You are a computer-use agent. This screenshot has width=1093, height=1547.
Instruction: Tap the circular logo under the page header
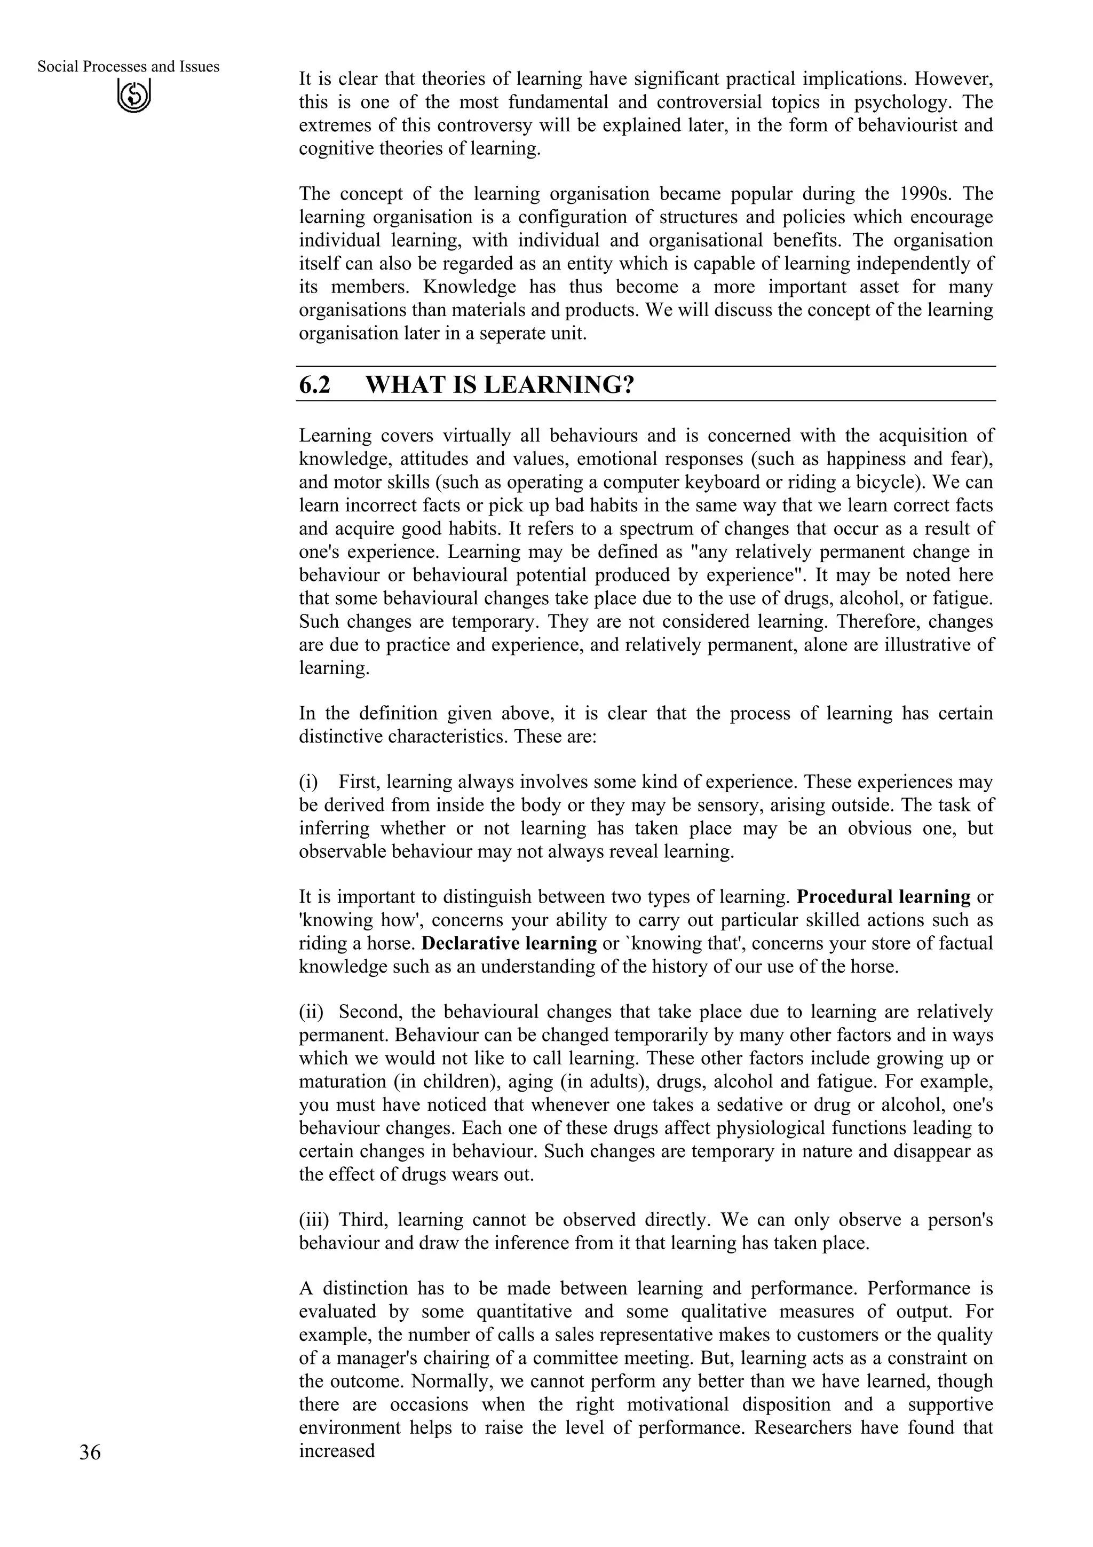point(134,96)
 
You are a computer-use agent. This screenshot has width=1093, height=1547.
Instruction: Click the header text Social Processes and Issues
point(128,67)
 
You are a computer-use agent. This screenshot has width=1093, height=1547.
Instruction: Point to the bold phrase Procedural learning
point(883,897)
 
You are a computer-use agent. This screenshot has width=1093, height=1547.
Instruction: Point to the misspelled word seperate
point(514,334)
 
